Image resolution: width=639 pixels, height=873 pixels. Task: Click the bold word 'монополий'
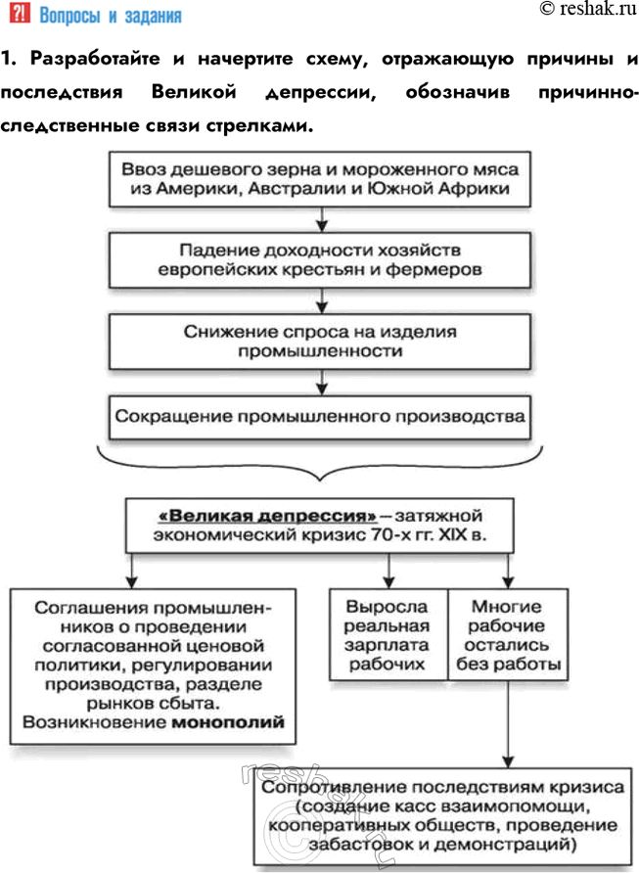(x=228, y=725)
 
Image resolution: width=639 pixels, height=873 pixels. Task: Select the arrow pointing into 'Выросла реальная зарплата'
(x=389, y=571)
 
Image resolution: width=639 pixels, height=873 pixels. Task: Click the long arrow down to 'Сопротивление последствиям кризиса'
(x=506, y=724)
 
